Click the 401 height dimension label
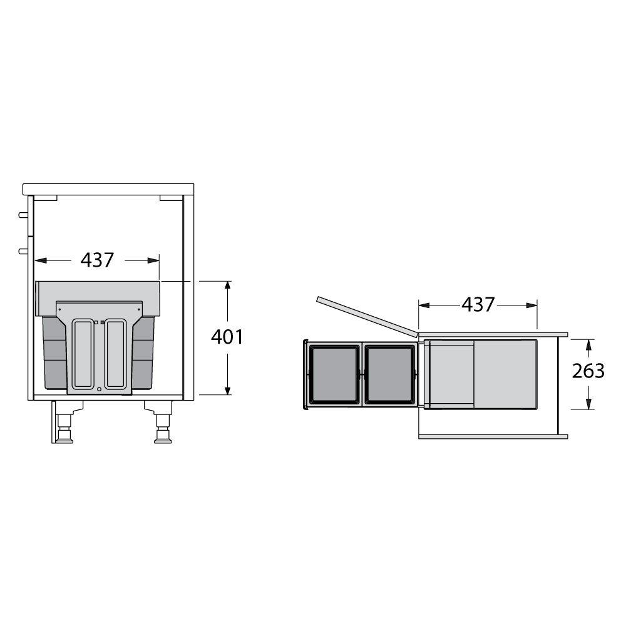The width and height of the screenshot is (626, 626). pyautogui.click(x=227, y=337)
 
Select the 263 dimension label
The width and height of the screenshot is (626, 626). pyautogui.click(x=588, y=371)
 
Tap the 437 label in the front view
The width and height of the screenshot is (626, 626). pyautogui.click(x=98, y=260)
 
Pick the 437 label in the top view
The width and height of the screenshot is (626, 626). pyautogui.click(x=478, y=305)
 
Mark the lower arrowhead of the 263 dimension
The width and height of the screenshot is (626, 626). pyautogui.click(x=588, y=404)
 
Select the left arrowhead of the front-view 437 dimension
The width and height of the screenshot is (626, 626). pyautogui.click(x=41, y=260)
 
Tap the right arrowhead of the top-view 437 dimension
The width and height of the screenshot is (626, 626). pyautogui.click(x=531, y=305)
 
